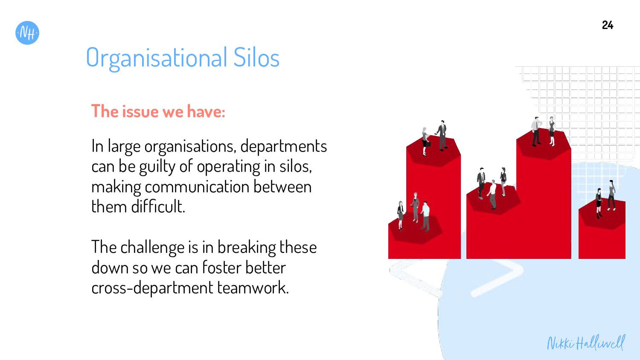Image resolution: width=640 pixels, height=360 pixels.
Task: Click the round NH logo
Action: coord(27,33)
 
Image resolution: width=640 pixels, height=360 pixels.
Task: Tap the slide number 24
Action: coord(608,25)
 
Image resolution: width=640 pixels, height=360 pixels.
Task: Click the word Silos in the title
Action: coord(256,58)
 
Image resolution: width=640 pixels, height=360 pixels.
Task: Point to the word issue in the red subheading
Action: coord(140,111)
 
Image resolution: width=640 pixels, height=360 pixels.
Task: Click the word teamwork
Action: coord(253,287)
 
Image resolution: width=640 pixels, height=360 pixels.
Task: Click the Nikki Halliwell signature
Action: coord(586,343)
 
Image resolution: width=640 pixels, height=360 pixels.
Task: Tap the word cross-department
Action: coord(152,288)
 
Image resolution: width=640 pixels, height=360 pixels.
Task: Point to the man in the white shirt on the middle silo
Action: coord(492,194)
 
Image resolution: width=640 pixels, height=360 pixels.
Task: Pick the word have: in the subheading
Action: coord(206,111)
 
